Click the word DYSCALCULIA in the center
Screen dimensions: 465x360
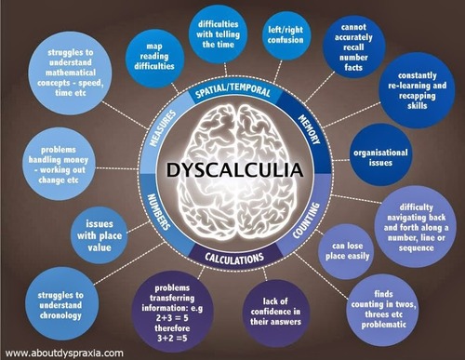(x=234, y=169)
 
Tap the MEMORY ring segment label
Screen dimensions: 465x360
(x=309, y=129)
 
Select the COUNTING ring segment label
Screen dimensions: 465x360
(x=306, y=220)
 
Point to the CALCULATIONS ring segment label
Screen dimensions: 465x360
(x=234, y=258)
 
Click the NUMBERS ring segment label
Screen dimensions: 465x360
(x=159, y=212)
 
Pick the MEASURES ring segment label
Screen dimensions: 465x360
(x=163, y=128)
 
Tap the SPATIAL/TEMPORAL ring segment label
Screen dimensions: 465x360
(x=233, y=90)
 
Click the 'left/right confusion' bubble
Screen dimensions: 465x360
(x=286, y=35)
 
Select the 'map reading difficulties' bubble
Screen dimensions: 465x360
(x=154, y=57)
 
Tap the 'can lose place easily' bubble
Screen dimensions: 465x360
(x=346, y=251)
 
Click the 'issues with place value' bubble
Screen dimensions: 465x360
(x=100, y=235)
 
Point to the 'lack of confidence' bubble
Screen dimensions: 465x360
(x=276, y=313)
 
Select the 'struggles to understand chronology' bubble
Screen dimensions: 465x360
(x=61, y=305)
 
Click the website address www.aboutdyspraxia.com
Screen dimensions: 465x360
(x=64, y=353)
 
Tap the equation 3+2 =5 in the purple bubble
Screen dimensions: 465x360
(x=172, y=338)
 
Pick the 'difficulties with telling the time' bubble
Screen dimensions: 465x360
(x=219, y=34)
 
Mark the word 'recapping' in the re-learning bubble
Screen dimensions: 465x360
(x=418, y=96)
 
